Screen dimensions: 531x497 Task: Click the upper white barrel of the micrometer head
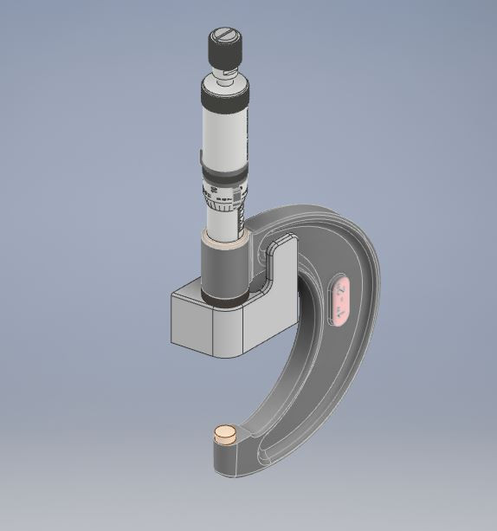pyautogui.click(x=224, y=130)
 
